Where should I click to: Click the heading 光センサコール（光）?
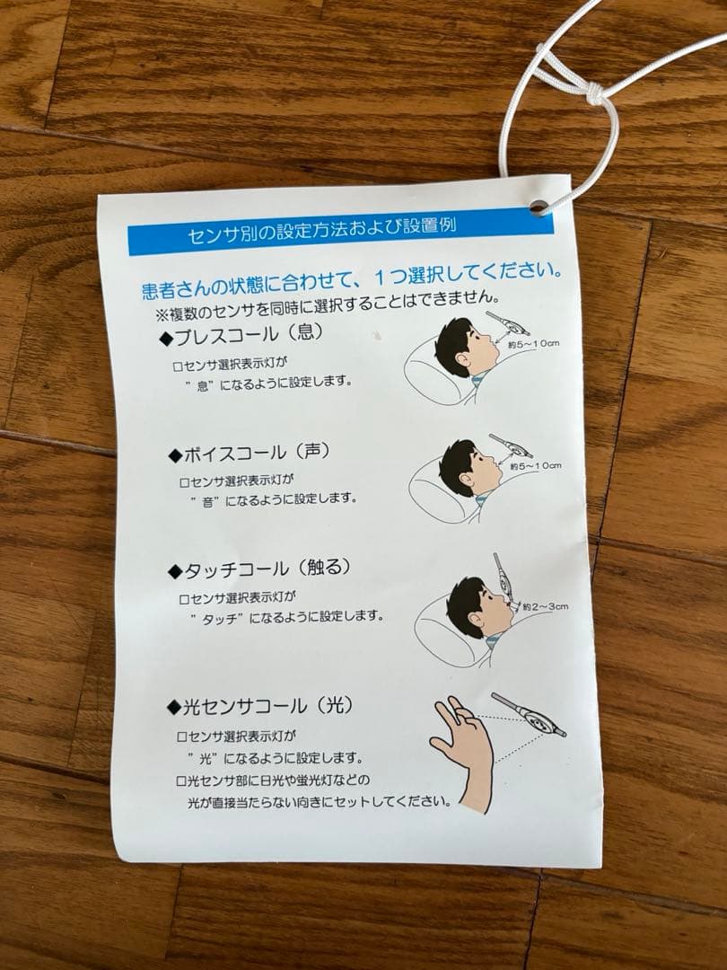259,707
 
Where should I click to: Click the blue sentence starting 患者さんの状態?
353,279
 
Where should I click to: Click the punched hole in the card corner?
538,207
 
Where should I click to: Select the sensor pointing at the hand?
529,715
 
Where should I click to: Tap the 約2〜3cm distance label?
545,607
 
